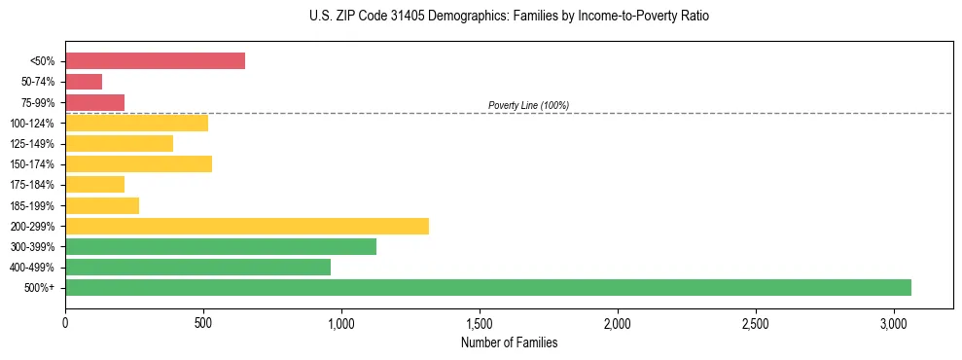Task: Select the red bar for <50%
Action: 155,61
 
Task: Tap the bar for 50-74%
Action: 84,82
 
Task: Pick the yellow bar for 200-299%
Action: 247,226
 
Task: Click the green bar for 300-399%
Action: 221,246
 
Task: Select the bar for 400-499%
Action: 197,267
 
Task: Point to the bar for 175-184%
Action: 94,185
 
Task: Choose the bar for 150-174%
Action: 138,164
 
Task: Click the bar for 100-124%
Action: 136,123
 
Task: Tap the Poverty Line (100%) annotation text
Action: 528,105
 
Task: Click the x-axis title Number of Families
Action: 509,342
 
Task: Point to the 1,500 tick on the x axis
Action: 480,322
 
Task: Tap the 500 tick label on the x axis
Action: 203,322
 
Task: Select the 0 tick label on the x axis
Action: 65,322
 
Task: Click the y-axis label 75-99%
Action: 38,102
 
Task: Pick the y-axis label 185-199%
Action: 34,205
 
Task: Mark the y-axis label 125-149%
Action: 34,144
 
